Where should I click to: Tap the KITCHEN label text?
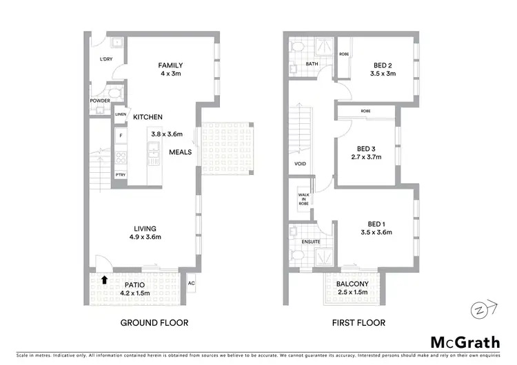coord(148,117)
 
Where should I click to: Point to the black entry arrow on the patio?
coord(103,280)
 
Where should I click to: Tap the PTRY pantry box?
coord(120,174)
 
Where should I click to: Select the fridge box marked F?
coord(120,135)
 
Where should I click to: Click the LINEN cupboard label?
coord(121,114)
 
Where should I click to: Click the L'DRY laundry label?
coord(105,60)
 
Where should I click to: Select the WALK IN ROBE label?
coord(303,200)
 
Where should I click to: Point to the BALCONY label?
coord(352,284)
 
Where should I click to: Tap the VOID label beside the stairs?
coord(300,164)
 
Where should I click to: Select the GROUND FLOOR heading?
coord(154,322)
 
